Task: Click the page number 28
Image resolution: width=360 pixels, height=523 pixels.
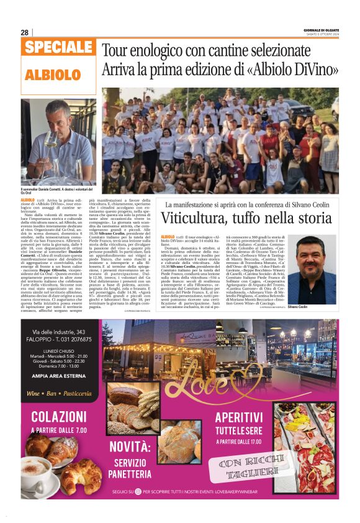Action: [x=25, y=32]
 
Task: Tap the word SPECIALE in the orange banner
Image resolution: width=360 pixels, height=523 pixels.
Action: [x=60, y=48]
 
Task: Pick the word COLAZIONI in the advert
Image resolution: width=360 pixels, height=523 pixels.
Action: [x=59, y=417]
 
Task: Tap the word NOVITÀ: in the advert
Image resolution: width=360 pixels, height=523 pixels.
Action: [x=135, y=447]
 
